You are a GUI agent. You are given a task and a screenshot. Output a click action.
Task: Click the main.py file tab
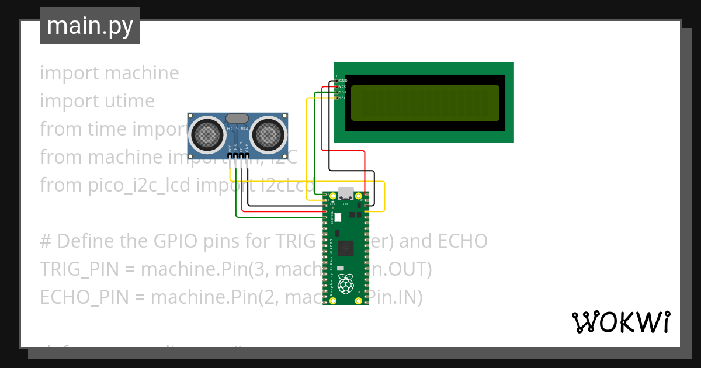(x=89, y=26)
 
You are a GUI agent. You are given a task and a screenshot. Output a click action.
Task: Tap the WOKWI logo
(x=620, y=322)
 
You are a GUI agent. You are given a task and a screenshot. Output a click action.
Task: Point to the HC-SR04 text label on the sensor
(x=237, y=129)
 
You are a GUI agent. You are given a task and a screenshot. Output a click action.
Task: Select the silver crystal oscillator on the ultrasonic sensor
(x=237, y=119)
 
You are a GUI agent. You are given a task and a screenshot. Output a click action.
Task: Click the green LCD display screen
(x=425, y=102)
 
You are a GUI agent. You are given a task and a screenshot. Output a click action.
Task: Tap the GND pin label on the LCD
(x=342, y=80)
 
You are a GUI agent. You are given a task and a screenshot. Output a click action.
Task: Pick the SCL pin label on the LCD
(x=342, y=98)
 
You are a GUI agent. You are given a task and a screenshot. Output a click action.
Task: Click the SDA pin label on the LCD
(x=342, y=92)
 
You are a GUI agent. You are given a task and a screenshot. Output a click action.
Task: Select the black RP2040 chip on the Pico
(x=346, y=248)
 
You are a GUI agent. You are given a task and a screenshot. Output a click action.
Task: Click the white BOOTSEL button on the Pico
(x=338, y=217)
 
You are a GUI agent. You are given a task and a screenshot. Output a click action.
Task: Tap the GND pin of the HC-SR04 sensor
(x=248, y=156)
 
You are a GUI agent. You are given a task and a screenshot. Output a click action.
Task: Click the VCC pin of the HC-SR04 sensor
(x=230, y=156)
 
